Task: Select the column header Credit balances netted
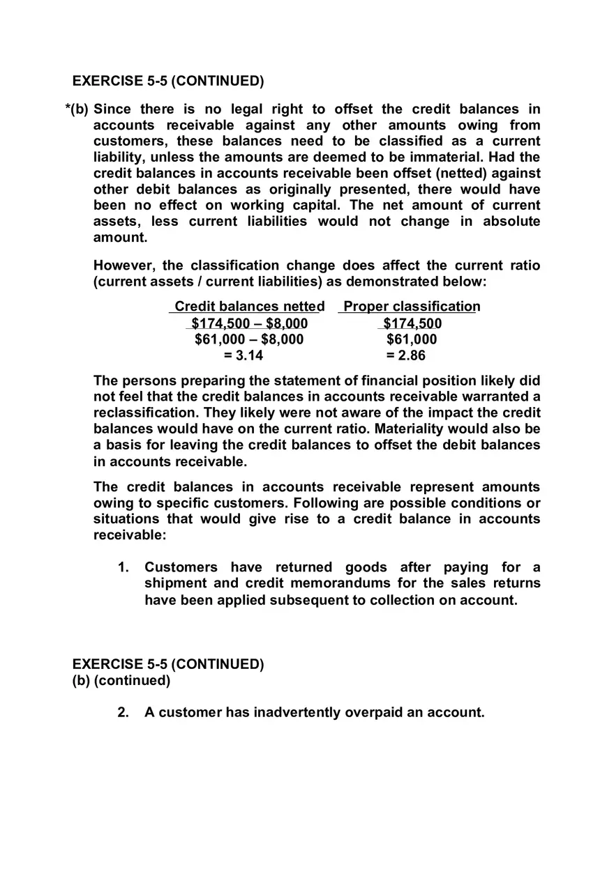click(249, 307)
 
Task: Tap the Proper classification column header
click(412, 307)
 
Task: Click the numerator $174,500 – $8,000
click(249, 323)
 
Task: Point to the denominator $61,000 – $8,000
click(249, 339)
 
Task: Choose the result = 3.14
click(244, 355)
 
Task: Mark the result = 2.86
click(405, 355)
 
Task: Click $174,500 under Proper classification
click(412, 323)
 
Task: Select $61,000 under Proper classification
click(412, 339)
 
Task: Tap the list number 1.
click(123, 567)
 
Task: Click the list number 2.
click(123, 712)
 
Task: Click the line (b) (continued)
click(121, 680)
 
